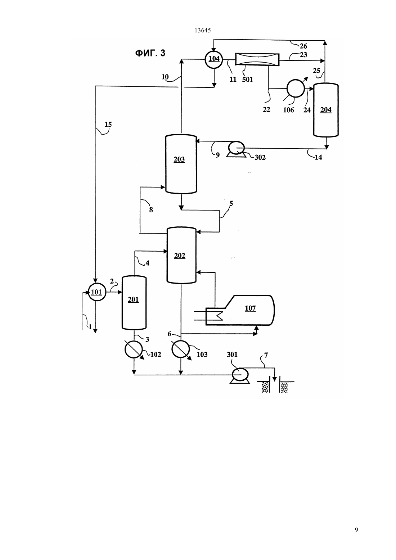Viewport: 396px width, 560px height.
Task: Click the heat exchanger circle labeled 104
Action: click(214, 59)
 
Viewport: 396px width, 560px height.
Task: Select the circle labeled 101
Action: click(97, 292)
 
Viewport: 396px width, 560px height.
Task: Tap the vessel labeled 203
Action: click(181, 164)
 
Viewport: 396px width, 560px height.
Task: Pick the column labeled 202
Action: click(181, 255)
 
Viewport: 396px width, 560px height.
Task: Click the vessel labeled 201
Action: click(134, 303)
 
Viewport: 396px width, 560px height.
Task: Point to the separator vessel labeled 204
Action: click(326, 110)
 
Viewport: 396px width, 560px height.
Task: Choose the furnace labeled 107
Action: click(240, 310)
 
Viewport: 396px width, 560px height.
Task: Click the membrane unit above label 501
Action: click(257, 59)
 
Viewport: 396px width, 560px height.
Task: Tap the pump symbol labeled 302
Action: click(236, 149)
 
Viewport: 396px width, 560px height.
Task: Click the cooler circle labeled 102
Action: click(134, 349)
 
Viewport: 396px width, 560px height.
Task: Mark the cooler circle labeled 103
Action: click(181, 349)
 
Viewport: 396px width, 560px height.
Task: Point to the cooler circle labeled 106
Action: click(296, 88)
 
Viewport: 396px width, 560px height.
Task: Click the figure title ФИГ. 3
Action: click(150, 53)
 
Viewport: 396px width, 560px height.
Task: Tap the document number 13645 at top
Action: click(202, 31)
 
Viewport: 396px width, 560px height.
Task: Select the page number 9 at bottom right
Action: click(356, 530)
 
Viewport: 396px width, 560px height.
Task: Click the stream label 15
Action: click(108, 124)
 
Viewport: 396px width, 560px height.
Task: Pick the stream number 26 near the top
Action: click(303, 46)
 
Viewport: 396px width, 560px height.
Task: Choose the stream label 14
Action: click(318, 157)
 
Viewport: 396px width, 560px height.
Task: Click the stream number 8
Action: click(151, 210)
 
